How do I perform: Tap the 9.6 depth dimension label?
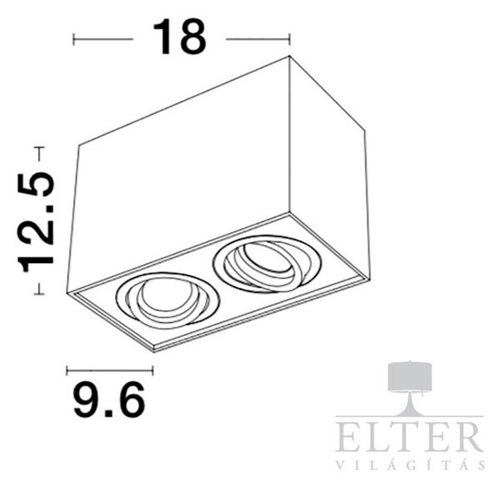(x=109, y=400)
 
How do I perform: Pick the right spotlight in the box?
(x=267, y=263)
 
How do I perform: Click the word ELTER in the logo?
(x=409, y=437)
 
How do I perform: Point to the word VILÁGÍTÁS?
(x=411, y=464)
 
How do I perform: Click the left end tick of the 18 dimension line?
(x=73, y=39)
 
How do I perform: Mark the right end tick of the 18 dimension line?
(x=289, y=39)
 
